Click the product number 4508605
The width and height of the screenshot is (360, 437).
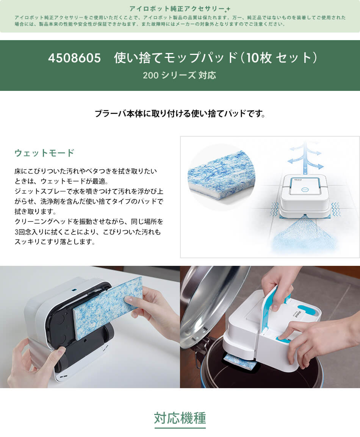tap(74, 58)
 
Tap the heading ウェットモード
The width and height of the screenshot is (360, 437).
tap(44, 153)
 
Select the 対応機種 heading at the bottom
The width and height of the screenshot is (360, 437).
tap(180, 418)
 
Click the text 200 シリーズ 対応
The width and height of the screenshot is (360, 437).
tap(180, 75)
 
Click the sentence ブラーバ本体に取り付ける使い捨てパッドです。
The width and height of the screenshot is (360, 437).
tap(180, 113)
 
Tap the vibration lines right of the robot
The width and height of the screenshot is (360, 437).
tap(336, 209)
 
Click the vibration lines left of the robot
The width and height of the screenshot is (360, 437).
tap(274, 209)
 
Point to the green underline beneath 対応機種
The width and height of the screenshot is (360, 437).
tap(180, 428)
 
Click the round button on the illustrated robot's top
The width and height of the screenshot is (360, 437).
tap(305, 190)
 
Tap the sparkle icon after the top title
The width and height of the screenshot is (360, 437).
tap(227, 8)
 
